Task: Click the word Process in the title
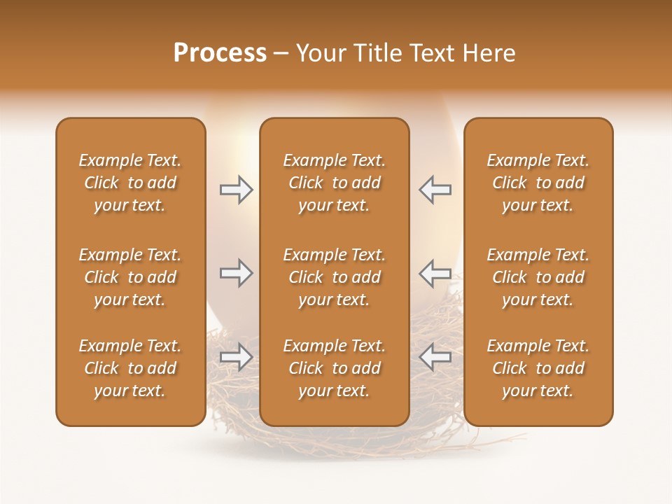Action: point(220,53)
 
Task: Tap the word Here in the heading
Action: point(489,53)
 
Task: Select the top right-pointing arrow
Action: point(237,190)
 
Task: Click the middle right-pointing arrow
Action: point(237,273)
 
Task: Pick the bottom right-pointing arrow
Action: point(237,357)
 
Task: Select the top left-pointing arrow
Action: point(435,190)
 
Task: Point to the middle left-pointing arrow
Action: point(435,273)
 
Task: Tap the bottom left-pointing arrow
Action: point(435,357)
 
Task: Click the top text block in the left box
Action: point(130,183)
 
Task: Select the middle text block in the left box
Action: point(130,277)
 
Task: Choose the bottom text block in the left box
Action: point(130,368)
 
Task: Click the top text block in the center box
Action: point(335,183)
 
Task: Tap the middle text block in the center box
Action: point(335,277)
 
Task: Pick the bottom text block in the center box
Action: point(335,368)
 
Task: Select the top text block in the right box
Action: point(538,183)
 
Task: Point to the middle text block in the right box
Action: point(538,277)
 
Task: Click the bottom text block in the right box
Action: point(538,368)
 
